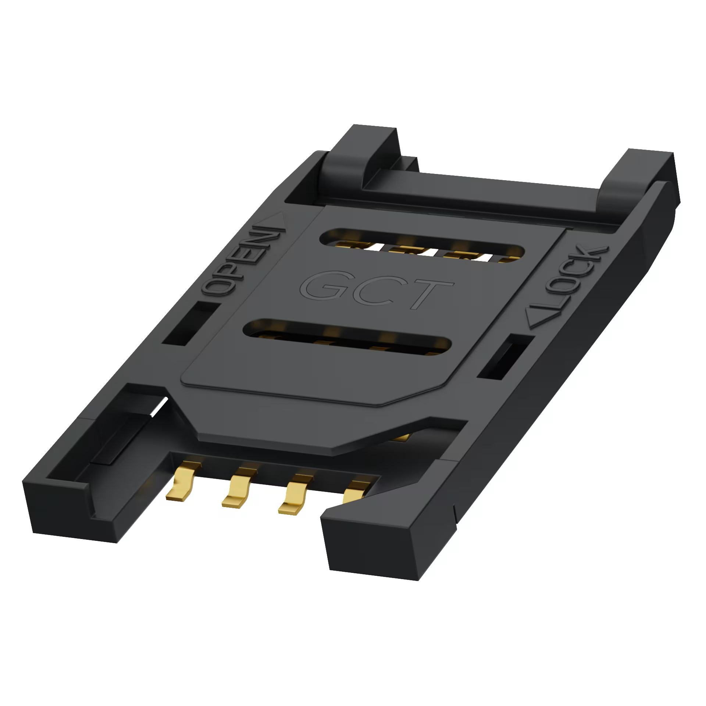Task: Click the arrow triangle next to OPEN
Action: pyautogui.click(x=275, y=221)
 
